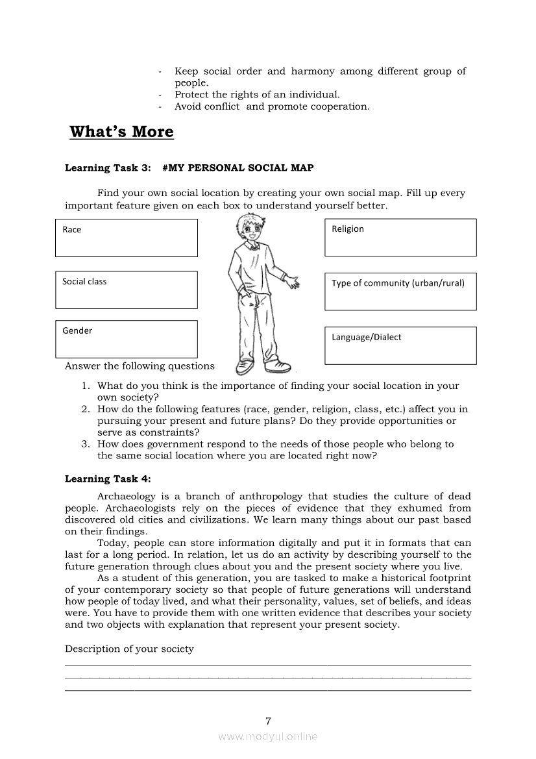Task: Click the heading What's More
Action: coord(121,132)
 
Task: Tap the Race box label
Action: coord(72,230)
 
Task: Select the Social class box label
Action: coord(84,282)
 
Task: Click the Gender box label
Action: coord(77,331)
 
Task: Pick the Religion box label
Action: coord(348,229)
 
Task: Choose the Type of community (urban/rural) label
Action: coord(398,283)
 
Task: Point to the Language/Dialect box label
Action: coord(366,338)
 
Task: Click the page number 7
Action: coord(268,721)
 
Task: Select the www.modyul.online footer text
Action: coord(268,737)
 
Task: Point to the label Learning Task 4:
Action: coord(108,479)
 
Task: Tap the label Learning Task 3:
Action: coord(106,168)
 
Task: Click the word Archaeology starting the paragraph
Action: coord(127,497)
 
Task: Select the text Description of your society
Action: coord(129,649)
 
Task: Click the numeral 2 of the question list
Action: coord(85,410)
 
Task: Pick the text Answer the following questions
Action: coord(140,366)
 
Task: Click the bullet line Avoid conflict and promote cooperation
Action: coord(272,107)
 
